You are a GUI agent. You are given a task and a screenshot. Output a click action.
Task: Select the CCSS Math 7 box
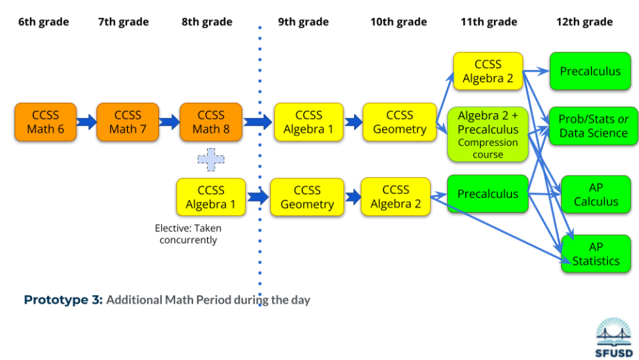[x=127, y=122]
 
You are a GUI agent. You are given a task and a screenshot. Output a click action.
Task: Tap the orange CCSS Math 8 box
[x=210, y=122]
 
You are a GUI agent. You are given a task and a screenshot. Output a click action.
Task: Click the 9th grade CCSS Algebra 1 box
[x=308, y=122]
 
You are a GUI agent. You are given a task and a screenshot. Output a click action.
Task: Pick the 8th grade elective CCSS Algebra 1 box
[x=210, y=197]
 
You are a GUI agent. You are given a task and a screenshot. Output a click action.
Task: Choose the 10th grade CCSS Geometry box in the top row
[x=399, y=122]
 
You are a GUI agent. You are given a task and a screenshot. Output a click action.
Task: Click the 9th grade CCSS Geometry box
[x=306, y=197]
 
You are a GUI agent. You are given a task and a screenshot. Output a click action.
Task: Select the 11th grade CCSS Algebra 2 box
[x=488, y=72]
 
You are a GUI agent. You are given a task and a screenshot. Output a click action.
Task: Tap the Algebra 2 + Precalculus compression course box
[x=488, y=134]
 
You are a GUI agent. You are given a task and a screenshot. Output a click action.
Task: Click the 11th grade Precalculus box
[x=488, y=194]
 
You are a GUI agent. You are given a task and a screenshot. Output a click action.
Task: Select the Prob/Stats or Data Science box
[x=592, y=126]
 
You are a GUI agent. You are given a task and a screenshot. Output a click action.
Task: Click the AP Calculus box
[x=595, y=195]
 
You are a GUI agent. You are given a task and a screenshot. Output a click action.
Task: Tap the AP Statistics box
[x=595, y=254]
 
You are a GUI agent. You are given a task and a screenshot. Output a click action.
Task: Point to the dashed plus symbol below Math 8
[x=211, y=159]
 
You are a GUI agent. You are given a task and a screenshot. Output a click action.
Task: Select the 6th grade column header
[x=43, y=22]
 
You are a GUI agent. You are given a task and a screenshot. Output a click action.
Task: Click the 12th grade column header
[x=584, y=22]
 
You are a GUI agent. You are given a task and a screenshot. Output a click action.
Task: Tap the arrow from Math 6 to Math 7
[x=86, y=122]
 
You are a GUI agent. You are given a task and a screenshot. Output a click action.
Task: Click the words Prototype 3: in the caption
[x=63, y=300]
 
